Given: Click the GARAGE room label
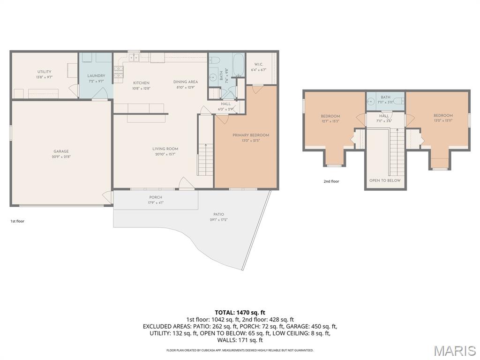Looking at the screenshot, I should point(61,151).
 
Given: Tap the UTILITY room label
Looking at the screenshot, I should point(45,72).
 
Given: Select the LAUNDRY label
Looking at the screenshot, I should point(96,75).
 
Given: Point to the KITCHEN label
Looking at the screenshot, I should point(141,83).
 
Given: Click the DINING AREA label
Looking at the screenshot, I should point(186,82).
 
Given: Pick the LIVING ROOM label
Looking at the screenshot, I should point(165,149).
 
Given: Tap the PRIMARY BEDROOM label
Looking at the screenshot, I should point(251,135).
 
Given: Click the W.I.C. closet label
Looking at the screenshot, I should point(261,64).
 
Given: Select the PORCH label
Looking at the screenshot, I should point(156,197).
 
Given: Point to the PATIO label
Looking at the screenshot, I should point(218,215).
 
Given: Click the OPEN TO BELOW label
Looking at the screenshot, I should point(385,180).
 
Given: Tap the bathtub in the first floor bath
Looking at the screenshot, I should point(238,65).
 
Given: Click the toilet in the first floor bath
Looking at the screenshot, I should point(215,60).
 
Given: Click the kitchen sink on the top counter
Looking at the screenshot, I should point(134,58).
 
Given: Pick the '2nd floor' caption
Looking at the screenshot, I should point(331,181).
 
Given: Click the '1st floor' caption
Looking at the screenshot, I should point(17,221).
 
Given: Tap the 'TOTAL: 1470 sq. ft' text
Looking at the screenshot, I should point(240,312).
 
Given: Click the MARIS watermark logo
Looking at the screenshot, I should point(454,351).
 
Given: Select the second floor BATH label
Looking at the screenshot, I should point(385,97).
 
